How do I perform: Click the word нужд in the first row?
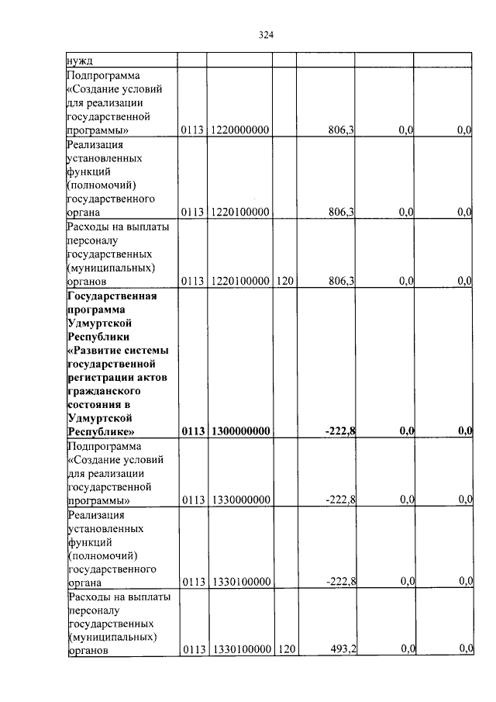(80, 60)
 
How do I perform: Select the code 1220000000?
(239, 130)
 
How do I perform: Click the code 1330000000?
(239, 500)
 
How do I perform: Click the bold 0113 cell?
(192, 431)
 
